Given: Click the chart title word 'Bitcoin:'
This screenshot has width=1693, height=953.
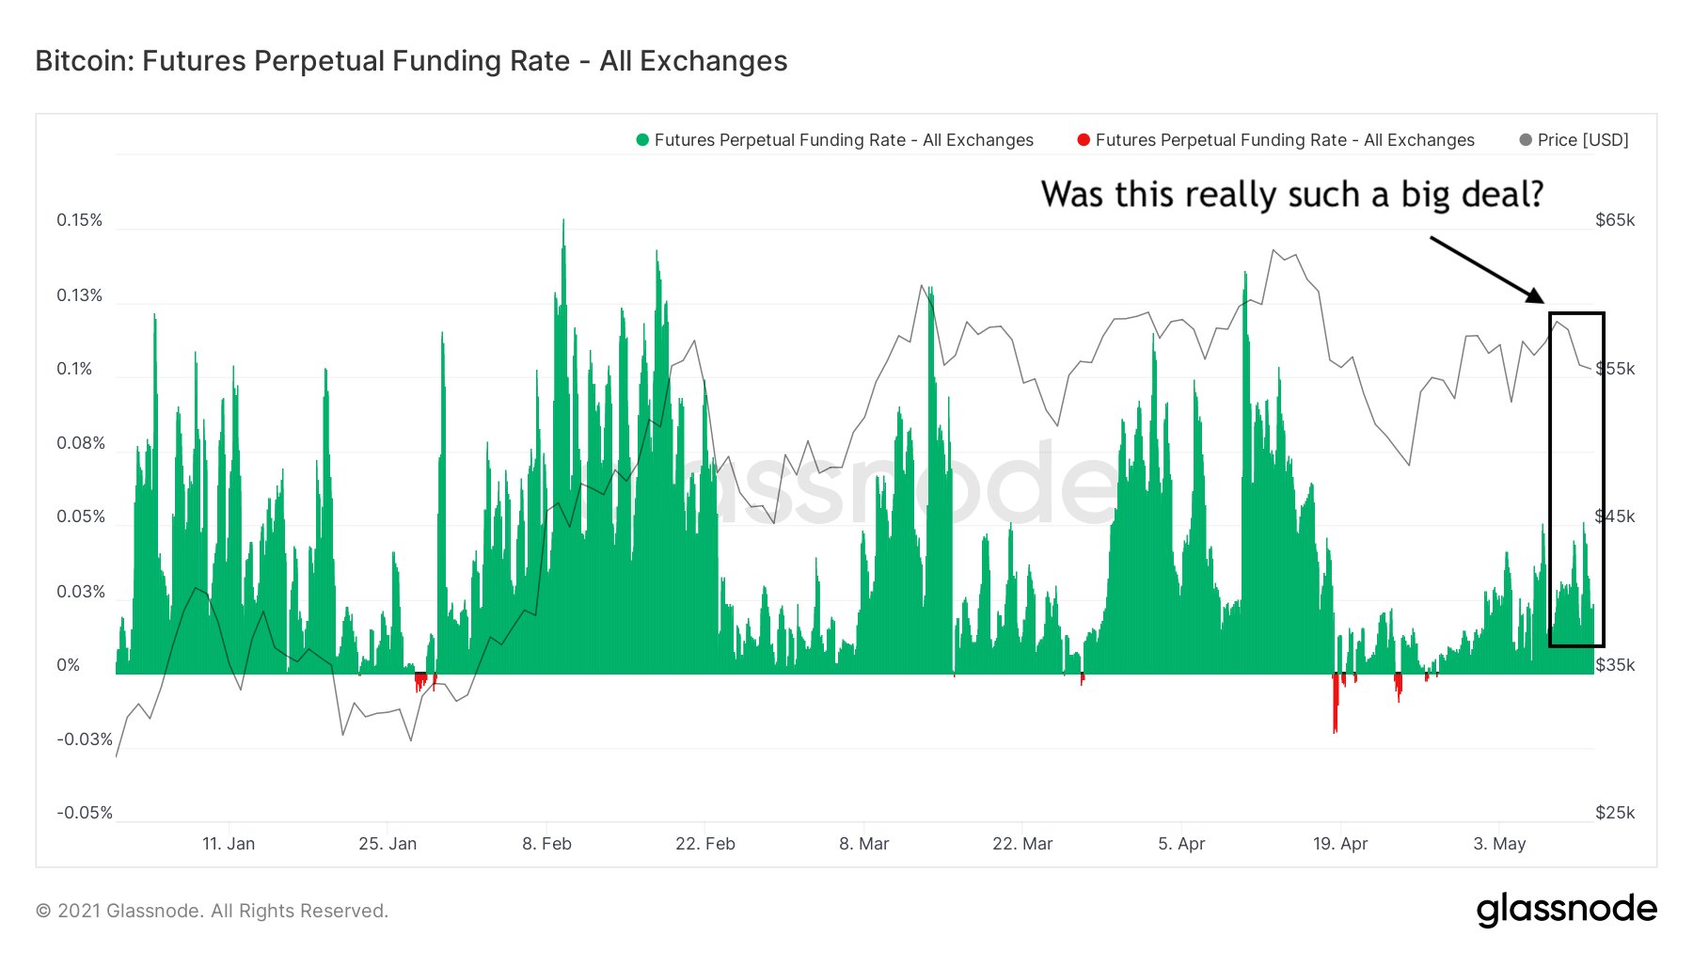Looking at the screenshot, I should [85, 61].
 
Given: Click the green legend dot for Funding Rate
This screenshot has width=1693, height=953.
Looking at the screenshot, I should [642, 140].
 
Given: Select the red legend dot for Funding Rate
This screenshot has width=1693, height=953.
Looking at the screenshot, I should [1084, 140].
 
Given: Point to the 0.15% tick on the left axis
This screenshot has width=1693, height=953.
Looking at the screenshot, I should [79, 220].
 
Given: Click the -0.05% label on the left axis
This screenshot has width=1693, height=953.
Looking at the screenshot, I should [84, 813].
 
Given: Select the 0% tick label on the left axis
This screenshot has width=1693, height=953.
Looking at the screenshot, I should [68, 665].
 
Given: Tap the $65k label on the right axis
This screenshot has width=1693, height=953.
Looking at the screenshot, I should [1615, 220].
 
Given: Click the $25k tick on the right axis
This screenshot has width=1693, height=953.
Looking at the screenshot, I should [1615, 813].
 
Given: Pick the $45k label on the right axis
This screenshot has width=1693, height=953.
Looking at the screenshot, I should [1615, 516].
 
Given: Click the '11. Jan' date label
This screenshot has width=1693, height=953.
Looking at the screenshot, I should [229, 844].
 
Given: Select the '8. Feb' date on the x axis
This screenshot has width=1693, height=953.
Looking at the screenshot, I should [546, 844].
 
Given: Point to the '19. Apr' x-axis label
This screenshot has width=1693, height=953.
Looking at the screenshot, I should [1340, 844].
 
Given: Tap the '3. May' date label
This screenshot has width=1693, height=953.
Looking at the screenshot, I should [1499, 844].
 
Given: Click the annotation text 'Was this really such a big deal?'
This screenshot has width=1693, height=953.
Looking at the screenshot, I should [1291, 195].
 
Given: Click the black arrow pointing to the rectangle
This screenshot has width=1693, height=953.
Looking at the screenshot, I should [1486, 269].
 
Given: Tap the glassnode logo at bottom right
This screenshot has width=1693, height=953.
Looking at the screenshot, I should [1566, 910].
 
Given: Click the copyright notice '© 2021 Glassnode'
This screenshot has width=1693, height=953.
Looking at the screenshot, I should [212, 911].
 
